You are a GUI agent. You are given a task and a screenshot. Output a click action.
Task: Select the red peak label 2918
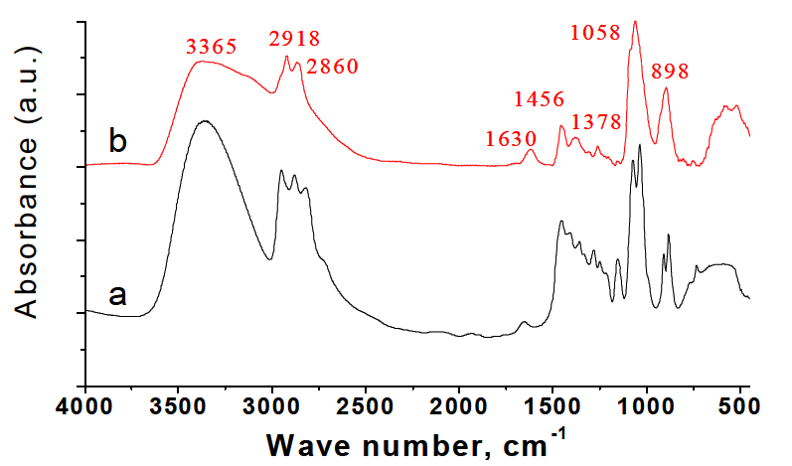(294, 40)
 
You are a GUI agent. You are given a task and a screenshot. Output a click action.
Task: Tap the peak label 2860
(331, 68)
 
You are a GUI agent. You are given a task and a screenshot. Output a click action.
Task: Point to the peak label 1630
(512, 138)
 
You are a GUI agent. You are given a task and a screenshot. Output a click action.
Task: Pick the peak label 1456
(540, 99)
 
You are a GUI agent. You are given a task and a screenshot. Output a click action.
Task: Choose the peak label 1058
(596, 33)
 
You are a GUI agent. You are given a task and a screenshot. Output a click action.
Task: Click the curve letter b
(118, 142)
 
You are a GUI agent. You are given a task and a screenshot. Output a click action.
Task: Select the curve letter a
(118, 295)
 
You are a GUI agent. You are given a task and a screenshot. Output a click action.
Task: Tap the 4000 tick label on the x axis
(86, 406)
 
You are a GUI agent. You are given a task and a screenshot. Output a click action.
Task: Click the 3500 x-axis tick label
(179, 406)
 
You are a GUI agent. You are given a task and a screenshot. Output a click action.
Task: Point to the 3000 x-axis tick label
(272, 406)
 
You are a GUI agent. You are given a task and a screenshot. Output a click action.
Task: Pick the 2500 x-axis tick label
(366, 406)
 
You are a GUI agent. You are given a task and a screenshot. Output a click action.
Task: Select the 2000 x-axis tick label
(459, 406)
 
